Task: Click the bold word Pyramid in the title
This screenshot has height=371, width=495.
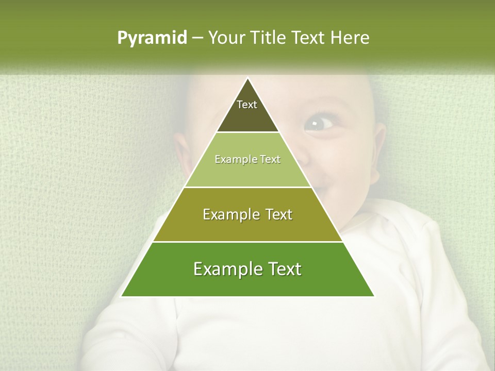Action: click(152, 38)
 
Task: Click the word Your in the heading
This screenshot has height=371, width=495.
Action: click(225, 38)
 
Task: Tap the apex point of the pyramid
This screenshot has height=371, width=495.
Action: click(247, 78)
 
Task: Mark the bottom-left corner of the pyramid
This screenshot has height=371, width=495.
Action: click(122, 296)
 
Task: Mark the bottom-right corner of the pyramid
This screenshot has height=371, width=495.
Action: click(374, 296)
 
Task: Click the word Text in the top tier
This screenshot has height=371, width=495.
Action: click(247, 105)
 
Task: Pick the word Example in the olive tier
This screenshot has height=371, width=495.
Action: click(227, 214)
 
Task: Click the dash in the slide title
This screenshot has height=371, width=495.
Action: click(197, 38)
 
